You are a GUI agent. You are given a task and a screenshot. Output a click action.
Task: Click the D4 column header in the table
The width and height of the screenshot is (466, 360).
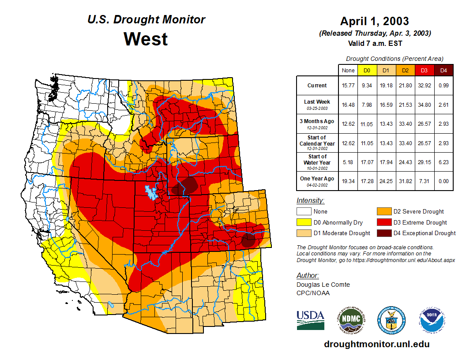[443, 70]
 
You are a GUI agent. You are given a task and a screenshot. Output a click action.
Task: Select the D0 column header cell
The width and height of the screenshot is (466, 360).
[367, 70]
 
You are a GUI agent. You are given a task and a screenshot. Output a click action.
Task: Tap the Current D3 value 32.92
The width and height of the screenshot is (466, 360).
[424, 85]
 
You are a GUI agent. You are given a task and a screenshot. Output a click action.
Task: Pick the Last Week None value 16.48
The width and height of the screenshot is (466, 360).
[348, 105]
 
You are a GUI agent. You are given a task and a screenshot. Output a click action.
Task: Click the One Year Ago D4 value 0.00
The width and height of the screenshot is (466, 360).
[443, 181]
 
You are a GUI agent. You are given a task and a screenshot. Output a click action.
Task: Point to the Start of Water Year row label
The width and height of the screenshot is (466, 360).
[317, 160]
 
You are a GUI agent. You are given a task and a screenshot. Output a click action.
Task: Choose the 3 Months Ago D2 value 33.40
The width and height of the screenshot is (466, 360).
[405, 124]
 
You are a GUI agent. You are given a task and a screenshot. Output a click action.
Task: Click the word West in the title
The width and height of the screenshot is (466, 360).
[146, 39]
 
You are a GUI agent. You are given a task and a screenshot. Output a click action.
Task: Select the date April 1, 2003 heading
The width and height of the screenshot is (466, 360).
[375, 21]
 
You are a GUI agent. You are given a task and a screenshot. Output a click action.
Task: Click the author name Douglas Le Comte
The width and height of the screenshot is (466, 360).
[323, 285]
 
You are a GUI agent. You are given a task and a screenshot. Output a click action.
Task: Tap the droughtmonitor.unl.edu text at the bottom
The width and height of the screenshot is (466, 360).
[376, 344]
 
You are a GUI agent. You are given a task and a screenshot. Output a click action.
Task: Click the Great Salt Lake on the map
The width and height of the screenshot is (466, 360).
[150, 192]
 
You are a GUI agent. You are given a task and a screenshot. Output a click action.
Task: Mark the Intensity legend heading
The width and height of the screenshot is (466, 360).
[310, 201]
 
